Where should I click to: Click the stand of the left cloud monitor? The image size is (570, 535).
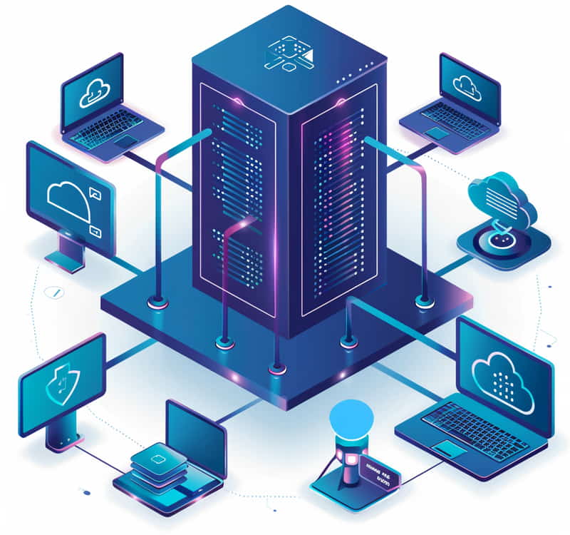69,253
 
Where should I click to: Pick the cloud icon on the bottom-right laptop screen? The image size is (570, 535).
502,374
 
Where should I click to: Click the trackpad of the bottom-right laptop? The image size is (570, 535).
450,449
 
